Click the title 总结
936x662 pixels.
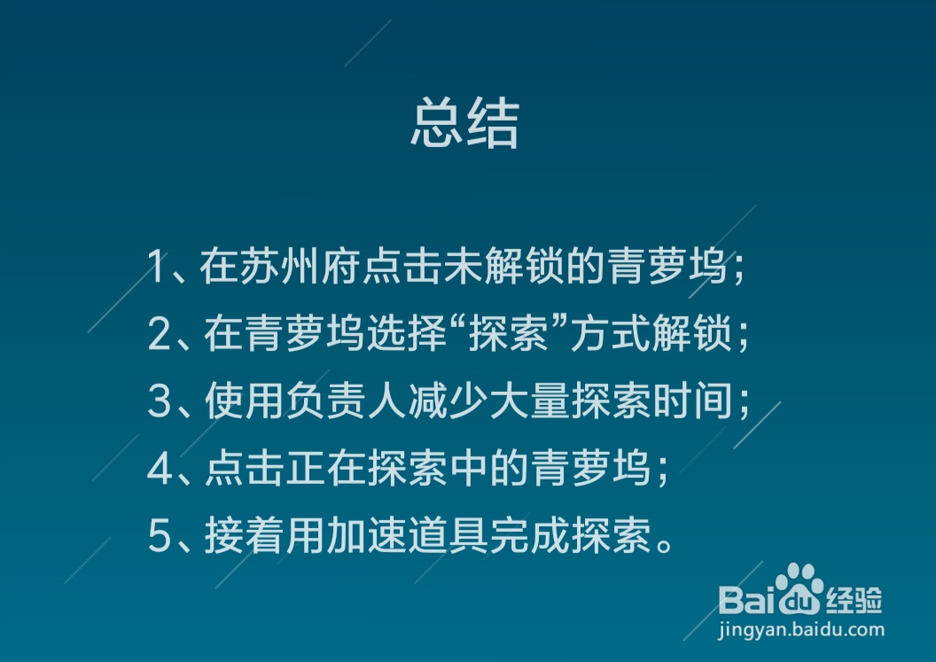tap(465, 122)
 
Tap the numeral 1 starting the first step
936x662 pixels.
tap(156, 266)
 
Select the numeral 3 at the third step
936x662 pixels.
tap(160, 401)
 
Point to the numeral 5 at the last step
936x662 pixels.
tap(160, 535)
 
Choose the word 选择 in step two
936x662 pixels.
tap(407, 334)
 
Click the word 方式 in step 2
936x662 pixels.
tap(610, 334)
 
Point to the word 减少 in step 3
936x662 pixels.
tap(448, 401)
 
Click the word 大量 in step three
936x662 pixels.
tap(529, 401)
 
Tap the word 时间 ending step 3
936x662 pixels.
tap(692, 401)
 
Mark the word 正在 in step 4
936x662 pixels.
tap(326, 468)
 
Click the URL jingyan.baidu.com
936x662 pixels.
tap(800, 630)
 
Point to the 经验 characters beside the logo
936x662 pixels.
tap(854, 599)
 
